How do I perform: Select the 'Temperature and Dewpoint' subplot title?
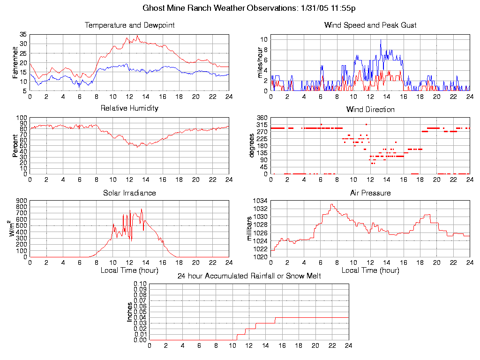pyautogui.click(x=129, y=25)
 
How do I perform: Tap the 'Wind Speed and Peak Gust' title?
pyautogui.click(x=370, y=25)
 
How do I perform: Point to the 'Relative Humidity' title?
pyautogui.click(x=129, y=108)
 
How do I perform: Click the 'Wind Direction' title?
pyautogui.click(x=370, y=110)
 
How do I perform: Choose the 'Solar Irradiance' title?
pyautogui.click(x=129, y=193)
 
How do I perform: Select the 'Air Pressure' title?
pyautogui.click(x=370, y=193)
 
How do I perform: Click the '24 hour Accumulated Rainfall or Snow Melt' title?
pyautogui.click(x=249, y=276)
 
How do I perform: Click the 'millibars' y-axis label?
pyautogui.click(x=249, y=228)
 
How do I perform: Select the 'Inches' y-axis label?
pyautogui.click(x=129, y=312)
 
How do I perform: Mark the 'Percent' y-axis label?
pyautogui.click(x=15, y=146)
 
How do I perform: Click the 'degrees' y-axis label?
pyautogui.click(x=251, y=146)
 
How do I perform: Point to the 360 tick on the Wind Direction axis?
pyautogui.click(x=262, y=118)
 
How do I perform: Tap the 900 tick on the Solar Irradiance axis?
pyautogui.click(x=22, y=201)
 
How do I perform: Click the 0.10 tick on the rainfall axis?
pyautogui.click(x=140, y=284)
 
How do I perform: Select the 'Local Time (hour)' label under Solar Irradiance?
pyautogui.click(x=129, y=270)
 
